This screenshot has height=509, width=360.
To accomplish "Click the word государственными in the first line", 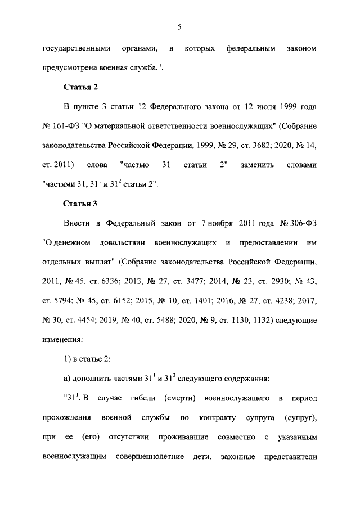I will (76, 49).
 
